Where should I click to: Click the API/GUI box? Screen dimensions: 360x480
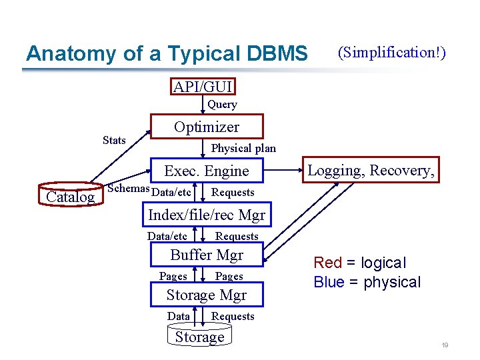(x=203, y=87)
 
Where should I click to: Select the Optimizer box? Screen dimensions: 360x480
(x=207, y=127)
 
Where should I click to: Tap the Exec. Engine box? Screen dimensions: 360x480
(x=207, y=171)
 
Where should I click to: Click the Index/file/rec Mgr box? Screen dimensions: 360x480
(x=207, y=215)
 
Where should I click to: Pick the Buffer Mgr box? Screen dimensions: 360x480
(x=207, y=255)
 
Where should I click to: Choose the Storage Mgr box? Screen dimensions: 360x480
(x=207, y=295)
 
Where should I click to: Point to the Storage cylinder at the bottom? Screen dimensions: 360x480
(x=200, y=337)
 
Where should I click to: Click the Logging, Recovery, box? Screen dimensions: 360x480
(x=371, y=171)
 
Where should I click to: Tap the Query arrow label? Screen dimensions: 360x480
(x=222, y=105)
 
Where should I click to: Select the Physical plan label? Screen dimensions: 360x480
(x=243, y=148)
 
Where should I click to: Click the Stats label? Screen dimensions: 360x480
(x=114, y=140)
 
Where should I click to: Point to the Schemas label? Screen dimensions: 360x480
(x=129, y=188)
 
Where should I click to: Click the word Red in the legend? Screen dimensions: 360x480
(x=327, y=263)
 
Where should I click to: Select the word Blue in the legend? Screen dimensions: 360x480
(x=329, y=282)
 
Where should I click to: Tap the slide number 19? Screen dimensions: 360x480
(x=443, y=345)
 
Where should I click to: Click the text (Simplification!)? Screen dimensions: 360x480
(x=392, y=52)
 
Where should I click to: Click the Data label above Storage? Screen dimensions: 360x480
(x=179, y=316)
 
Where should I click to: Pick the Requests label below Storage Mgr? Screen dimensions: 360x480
(x=233, y=316)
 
